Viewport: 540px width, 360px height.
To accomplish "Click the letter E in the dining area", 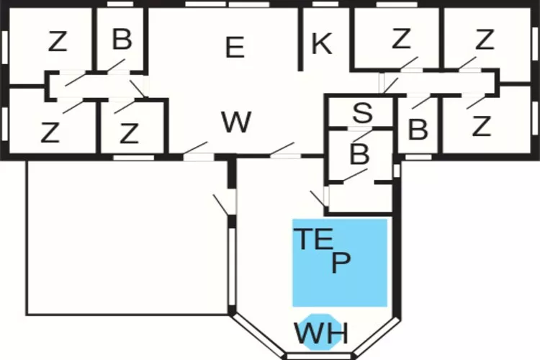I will coord(235,48).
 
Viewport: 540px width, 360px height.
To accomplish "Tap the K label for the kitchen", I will coord(321,45).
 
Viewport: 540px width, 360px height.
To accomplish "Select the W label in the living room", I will coord(236,123).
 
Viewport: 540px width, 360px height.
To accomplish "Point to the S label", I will coord(363,113).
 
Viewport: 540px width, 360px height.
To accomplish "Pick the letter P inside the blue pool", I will coord(341,263).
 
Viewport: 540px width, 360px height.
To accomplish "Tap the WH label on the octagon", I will coord(320,333).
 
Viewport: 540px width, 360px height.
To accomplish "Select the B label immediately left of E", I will coord(122,40).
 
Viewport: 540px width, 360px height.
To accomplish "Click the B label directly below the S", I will coord(359,154).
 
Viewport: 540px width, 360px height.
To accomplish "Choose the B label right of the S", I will coord(418,130).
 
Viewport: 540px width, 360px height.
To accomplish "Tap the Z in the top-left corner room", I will coord(58,42).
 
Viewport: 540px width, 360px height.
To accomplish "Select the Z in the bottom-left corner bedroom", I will coord(50,133).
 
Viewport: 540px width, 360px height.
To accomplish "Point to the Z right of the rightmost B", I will coord(481,127).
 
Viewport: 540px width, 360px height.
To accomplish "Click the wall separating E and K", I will coord(300,40).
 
